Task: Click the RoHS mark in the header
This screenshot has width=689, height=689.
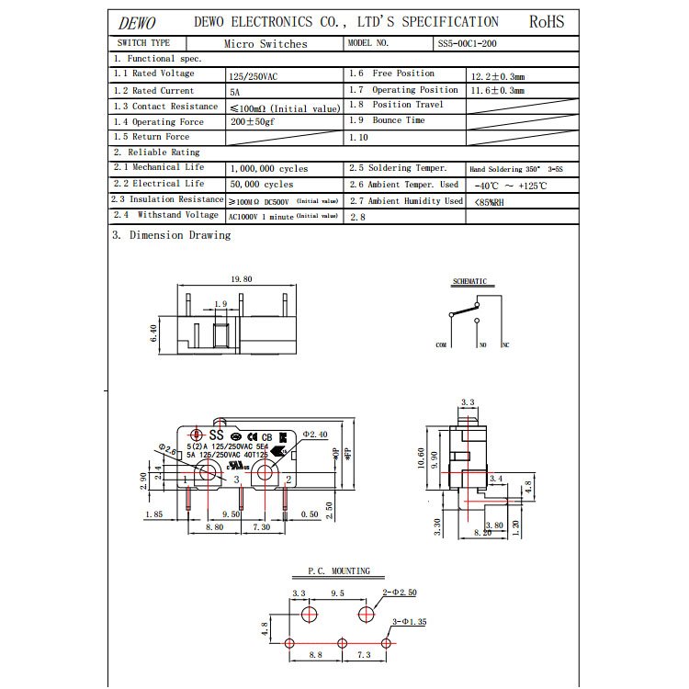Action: coord(547,22)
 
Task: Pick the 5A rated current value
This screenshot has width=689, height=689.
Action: coord(234,92)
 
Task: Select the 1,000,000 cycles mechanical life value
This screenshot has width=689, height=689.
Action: coord(268,169)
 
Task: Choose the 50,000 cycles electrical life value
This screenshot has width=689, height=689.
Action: coord(261,185)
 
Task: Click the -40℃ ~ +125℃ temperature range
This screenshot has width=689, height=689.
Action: coord(507,186)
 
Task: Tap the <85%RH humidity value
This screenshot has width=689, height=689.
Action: coord(489,201)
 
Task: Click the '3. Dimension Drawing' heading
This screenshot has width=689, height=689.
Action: coord(172,235)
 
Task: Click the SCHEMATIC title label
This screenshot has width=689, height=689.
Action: coord(470,281)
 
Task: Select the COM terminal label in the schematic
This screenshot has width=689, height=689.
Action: coord(441,345)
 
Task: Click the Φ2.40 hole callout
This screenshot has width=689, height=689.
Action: coord(314,435)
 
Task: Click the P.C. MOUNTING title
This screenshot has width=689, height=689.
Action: coord(339,570)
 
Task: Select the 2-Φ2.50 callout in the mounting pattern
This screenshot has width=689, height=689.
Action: coord(399,593)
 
